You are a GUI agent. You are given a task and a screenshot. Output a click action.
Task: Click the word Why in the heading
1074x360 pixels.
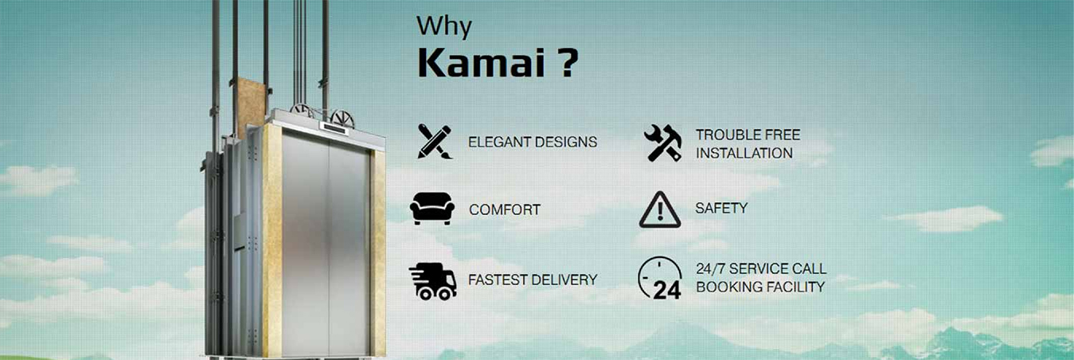pyautogui.click(x=444, y=26)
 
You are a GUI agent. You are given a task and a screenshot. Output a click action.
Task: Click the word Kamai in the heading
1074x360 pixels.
pyautogui.click(x=470, y=64)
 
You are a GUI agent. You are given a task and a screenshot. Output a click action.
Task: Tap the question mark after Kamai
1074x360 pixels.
pyautogui.click(x=564, y=64)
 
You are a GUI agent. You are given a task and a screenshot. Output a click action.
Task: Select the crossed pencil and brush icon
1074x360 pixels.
pyautogui.click(x=434, y=142)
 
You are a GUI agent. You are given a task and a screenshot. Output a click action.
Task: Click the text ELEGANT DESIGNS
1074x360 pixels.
pyautogui.click(x=532, y=143)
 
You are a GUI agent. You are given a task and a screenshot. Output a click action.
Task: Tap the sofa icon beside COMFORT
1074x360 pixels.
pyautogui.click(x=432, y=209)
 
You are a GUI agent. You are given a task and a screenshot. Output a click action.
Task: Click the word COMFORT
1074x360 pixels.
pyautogui.click(x=504, y=210)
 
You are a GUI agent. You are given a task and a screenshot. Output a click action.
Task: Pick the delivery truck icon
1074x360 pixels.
pyautogui.click(x=433, y=280)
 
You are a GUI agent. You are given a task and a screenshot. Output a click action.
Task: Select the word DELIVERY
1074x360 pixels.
pyautogui.click(x=568, y=280)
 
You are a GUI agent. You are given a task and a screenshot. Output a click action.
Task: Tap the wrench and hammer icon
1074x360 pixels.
pyautogui.click(x=662, y=143)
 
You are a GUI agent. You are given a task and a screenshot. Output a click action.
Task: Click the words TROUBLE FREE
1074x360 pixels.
pyautogui.click(x=748, y=135)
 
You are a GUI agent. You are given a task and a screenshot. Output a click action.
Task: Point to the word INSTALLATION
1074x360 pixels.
pyautogui.click(x=744, y=153)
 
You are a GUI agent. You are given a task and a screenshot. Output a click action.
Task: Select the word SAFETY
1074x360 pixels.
pyautogui.click(x=721, y=208)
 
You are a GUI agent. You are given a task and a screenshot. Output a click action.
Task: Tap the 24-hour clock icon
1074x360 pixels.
pyautogui.click(x=660, y=278)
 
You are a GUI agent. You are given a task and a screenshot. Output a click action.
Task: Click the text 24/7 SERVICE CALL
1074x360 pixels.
pyautogui.click(x=760, y=268)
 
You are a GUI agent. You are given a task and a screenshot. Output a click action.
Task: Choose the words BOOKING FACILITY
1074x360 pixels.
pyautogui.click(x=760, y=287)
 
